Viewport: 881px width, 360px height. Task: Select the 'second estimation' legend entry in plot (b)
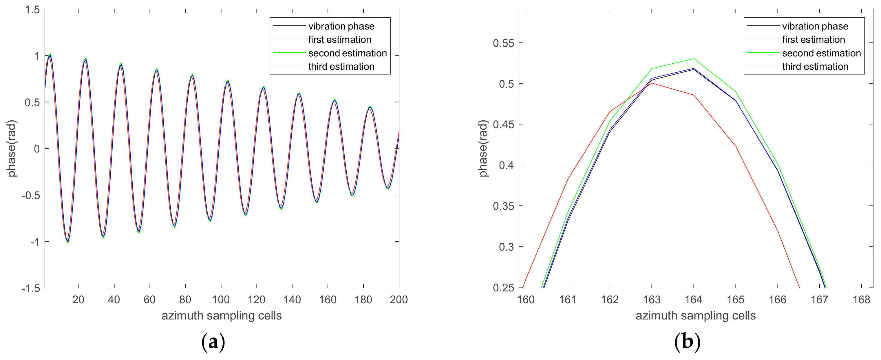[x=821, y=53]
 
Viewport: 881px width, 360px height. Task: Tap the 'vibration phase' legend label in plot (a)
[x=341, y=26]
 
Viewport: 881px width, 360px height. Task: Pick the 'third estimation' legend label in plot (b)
[x=815, y=67]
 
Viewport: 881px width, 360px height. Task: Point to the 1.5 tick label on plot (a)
[x=32, y=10]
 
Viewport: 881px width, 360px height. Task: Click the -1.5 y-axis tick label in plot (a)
[x=31, y=288]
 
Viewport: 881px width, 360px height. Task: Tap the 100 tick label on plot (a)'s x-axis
[x=221, y=300]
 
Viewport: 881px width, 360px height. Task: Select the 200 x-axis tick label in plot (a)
[x=399, y=300]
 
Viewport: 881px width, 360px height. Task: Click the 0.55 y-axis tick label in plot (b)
[x=503, y=43]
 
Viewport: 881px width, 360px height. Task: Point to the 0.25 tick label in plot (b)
[x=503, y=288]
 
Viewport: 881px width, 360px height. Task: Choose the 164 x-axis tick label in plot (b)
[x=693, y=300]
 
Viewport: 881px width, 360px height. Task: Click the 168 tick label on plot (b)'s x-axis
[x=861, y=300]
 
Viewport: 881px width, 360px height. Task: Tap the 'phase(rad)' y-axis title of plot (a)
[x=12, y=148]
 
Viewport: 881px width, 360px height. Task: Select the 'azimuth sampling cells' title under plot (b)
[x=695, y=315]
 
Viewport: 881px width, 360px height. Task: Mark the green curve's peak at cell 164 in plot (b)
[x=694, y=58]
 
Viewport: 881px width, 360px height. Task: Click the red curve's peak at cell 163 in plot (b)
[x=652, y=83]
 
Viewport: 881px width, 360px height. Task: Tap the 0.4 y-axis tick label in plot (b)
[x=506, y=166]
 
